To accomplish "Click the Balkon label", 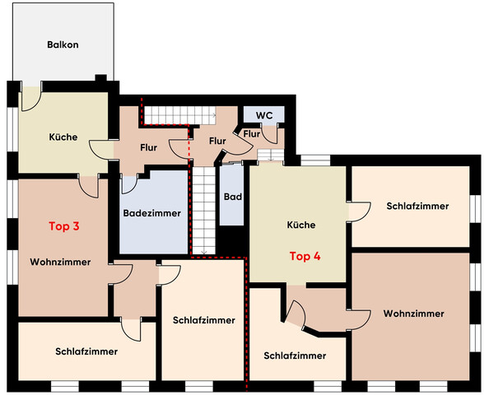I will tap(63, 44).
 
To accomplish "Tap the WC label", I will tap(263, 114).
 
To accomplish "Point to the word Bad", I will tap(232, 197).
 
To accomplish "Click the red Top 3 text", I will tap(63, 225).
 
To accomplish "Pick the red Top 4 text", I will tap(305, 256).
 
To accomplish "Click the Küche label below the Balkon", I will tap(63, 137).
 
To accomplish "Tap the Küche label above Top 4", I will tap(301, 224).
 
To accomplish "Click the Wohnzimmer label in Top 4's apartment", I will tap(414, 314).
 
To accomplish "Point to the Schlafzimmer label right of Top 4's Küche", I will tap(417, 207).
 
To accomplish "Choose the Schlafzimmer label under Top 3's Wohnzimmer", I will tap(86, 351).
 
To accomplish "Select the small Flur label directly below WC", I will tap(251, 133).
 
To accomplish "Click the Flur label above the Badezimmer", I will tap(148, 149).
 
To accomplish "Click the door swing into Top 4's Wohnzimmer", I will tap(358, 318).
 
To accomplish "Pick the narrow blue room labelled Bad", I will tap(232, 196).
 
